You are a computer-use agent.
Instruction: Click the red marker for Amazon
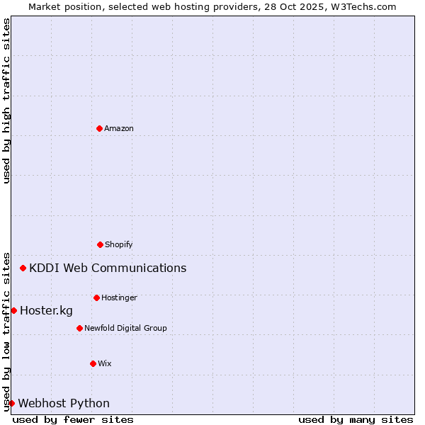(x=100, y=128)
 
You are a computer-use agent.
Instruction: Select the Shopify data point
(x=100, y=244)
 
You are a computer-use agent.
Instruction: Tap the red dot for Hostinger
(x=96, y=297)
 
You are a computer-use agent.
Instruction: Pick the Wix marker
(x=93, y=363)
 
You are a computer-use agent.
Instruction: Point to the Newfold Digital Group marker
(x=79, y=328)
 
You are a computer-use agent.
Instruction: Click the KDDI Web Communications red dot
(x=23, y=268)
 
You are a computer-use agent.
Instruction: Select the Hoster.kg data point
(x=13, y=310)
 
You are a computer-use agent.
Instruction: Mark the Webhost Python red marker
(x=11, y=403)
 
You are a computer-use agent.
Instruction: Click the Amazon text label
(x=119, y=129)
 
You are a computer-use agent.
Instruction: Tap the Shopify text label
(x=119, y=245)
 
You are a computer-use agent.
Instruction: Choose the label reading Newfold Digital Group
(x=125, y=329)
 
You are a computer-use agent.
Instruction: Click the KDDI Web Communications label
(x=108, y=268)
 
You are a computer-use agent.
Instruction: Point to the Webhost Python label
(x=64, y=404)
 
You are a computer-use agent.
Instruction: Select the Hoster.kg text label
(x=46, y=311)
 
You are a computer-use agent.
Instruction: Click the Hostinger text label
(x=119, y=298)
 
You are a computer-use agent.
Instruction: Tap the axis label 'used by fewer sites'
(x=73, y=419)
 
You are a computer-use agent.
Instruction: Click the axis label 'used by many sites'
(x=356, y=419)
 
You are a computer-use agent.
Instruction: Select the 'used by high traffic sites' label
(x=6, y=101)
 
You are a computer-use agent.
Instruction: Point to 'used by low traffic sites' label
(x=6, y=331)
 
